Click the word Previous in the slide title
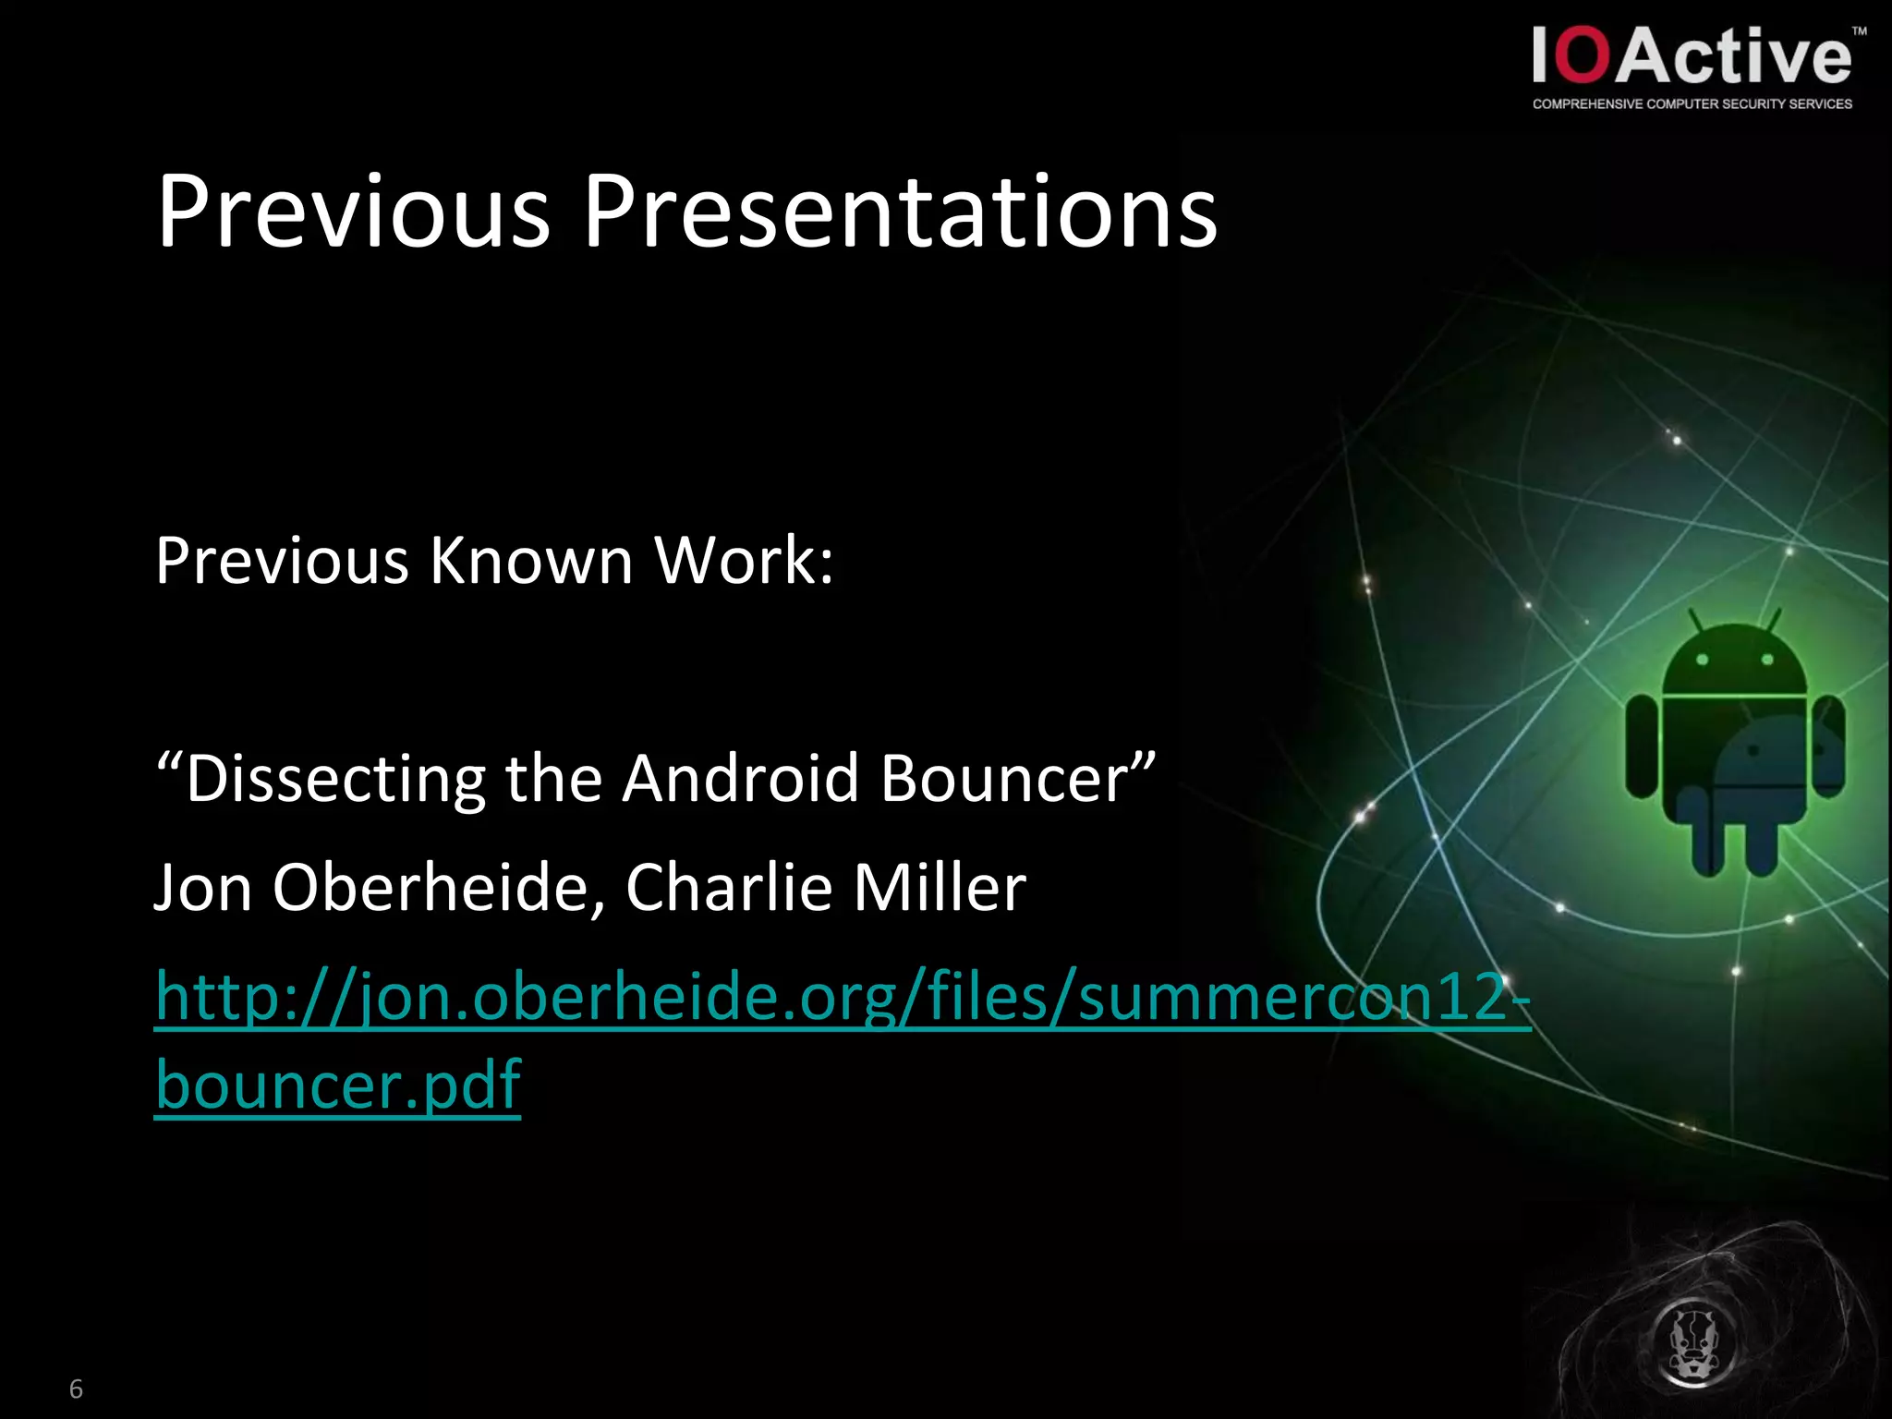click(354, 212)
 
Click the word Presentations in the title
click(900, 212)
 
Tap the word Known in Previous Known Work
click(531, 561)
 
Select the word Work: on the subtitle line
click(744, 561)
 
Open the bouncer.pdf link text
click(338, 1085)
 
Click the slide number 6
click(76, 1389)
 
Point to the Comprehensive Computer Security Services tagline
click(1692, 104)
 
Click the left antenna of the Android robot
click(1696, 622)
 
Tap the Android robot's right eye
click(1767, 660)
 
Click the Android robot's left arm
click(1642, 746)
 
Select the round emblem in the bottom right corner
click(1692, 1344)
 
